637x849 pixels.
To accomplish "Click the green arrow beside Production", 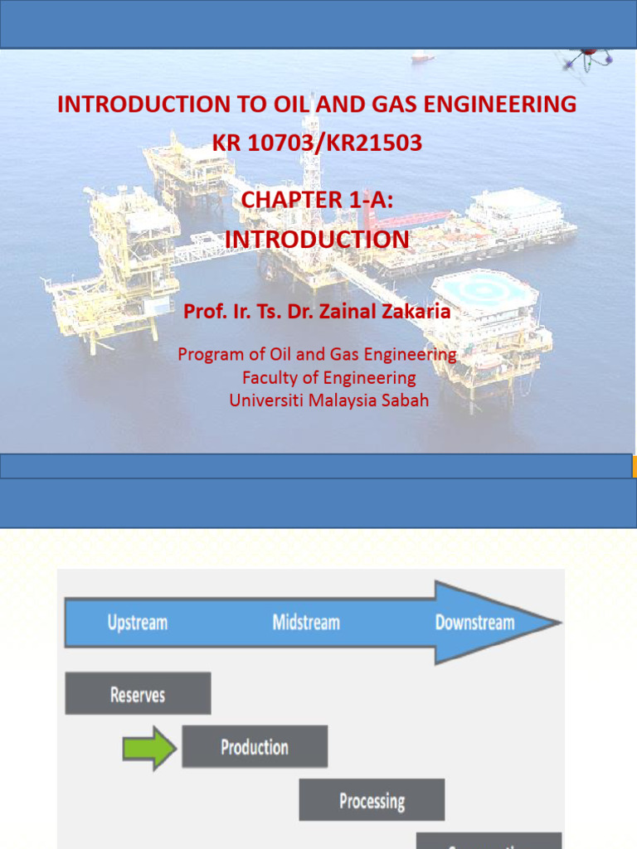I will coord(149,748).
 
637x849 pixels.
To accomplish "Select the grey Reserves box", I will coord(138,694).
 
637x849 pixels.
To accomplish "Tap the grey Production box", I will coord(255,747).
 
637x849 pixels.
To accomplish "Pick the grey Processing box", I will coord(372,801).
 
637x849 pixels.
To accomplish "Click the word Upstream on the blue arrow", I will coord(138,623).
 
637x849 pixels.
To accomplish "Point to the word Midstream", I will coord(306,623).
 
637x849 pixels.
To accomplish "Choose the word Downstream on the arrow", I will coord(474,623).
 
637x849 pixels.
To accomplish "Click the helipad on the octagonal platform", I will coord(484,289).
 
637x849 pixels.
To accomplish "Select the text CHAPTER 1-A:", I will coord(317,200).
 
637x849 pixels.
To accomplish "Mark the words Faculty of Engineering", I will coord(329,378).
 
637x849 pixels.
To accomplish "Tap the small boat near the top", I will coord(422,57).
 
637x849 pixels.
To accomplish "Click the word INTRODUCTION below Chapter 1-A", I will coord(317,240).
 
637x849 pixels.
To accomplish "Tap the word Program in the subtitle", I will coord(211,355).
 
